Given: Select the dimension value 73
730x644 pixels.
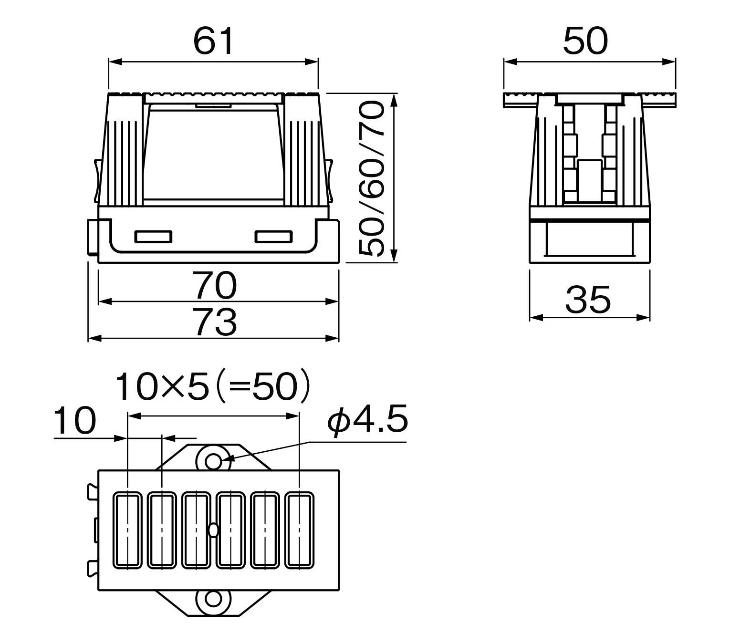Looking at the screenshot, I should coord(216,322).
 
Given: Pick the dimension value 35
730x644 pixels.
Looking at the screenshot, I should coord(588,300).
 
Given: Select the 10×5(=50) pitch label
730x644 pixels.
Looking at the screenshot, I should coord(213,386).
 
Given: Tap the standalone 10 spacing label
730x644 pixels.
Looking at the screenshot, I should coord(74,422).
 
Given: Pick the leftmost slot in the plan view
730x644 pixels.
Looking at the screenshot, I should coord(127,530).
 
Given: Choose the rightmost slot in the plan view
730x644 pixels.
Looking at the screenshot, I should coord(300,530).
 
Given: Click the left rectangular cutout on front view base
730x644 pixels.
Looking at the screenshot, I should coord(153,237).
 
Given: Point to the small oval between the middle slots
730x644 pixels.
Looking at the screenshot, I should coord(213,530).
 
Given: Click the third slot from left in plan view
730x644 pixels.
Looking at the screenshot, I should coord(196,530).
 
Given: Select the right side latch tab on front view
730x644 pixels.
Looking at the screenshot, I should coord(330,180).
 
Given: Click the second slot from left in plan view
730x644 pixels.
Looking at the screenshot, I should coord(162,530).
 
